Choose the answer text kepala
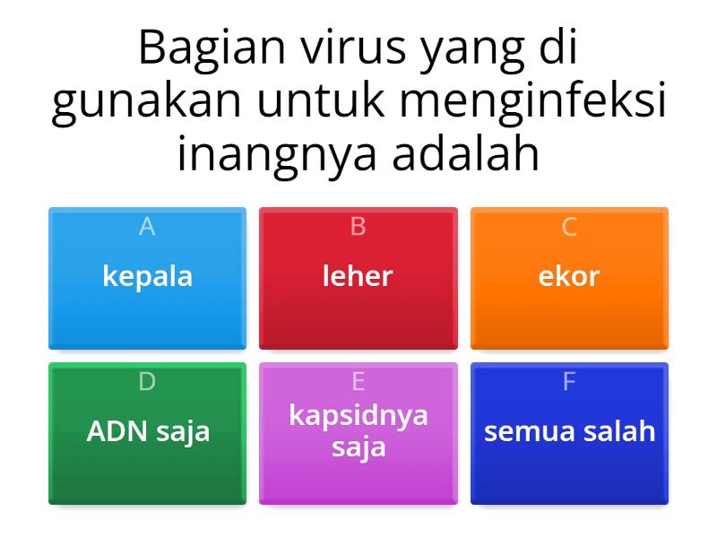148,275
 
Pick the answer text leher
358,275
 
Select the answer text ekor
569,275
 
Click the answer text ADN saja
148,431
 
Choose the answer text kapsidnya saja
358,430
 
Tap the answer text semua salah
569,431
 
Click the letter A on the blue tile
148,228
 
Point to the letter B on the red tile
358,228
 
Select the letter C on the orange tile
569,228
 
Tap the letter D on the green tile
148,382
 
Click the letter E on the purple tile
358,382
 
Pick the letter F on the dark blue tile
569,382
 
